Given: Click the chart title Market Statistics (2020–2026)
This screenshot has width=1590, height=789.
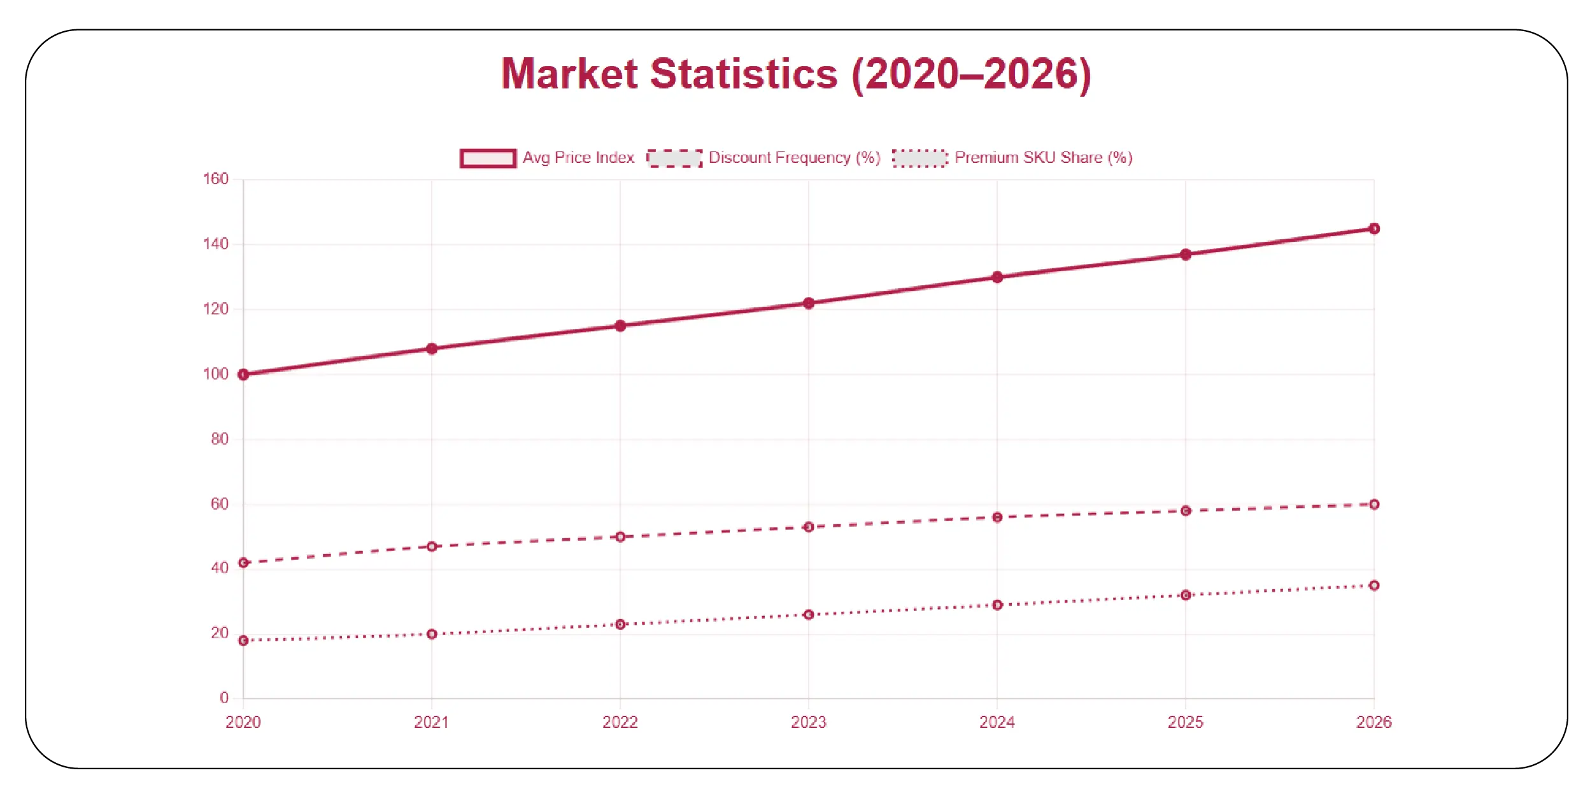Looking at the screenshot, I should pyautogui.click(x=796, y=74).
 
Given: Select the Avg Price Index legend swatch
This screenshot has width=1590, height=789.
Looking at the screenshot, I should pyautogui.click(x=488, y=158).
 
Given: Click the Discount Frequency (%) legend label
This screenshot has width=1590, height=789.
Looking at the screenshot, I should pyautogui.click(x=794, y=158).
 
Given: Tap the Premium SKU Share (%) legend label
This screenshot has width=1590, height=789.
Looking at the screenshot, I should pyautogui.click(x=1043, y=158).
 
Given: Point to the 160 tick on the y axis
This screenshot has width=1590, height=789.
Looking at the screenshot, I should pyautogui.click(x=215, y=179).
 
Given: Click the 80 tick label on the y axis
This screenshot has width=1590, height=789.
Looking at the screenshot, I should pyautogui.click(x=219, y=439).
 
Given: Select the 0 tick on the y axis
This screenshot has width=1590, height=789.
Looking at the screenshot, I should pyautogui.click(x=224, y=698).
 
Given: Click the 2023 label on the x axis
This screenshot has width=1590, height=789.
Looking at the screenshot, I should pyautogui.click(x=808, y=722).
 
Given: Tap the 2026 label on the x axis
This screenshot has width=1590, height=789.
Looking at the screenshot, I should pyautogui.click(x=1374, y=722).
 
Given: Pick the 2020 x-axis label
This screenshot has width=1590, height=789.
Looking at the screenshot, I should pyautogui.click(x=243, y=722).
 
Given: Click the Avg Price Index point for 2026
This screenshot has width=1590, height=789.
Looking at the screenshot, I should pyautogui.click(x=1374, y=228).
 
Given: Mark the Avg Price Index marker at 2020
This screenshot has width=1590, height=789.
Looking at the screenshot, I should pyautogui.click(x=243, y=375).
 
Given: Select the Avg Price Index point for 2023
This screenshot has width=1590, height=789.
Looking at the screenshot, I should pyautogui.click(x=809, y=303).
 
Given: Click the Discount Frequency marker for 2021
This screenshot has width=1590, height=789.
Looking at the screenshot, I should pyautogui.click(x=432, y=547).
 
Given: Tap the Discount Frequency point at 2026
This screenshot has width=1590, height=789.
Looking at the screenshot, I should pyautogui.click(x=1374, y=504).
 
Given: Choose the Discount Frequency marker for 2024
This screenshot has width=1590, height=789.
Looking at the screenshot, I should pyautogui.click(x=997, y=517).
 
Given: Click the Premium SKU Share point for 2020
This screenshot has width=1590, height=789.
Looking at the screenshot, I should pyautogui.click(x=243, y=640).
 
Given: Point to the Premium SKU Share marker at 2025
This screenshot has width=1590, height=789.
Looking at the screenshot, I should pyautogui.click(x=1186, y=595).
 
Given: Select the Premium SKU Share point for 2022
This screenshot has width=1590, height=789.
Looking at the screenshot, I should pyautogui.click(x=620, y=624).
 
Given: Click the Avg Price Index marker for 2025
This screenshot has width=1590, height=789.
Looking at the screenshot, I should pyautogui.click(x=1186, y=255).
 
